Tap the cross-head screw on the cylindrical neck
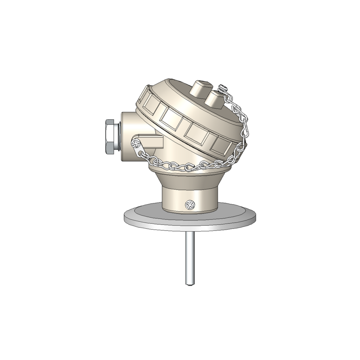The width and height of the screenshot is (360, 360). (190, 205)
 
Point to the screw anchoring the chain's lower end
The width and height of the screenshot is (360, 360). (135, 143)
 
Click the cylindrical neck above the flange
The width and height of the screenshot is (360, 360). (176, 200)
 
